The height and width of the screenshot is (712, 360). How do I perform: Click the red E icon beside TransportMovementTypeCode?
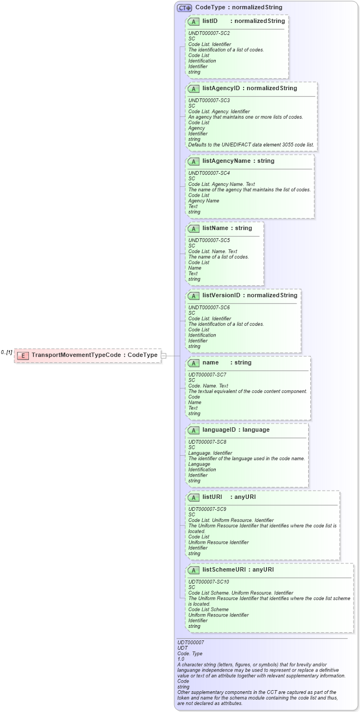coord(22,355)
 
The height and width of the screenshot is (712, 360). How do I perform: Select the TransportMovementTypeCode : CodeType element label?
coord(95,355)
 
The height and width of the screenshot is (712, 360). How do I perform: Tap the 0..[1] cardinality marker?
coord(7,352)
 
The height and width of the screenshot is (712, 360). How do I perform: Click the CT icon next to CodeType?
coord(184,8)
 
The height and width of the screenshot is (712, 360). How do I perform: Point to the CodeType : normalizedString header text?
coord(239,8)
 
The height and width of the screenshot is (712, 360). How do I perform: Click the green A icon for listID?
coord(193,21)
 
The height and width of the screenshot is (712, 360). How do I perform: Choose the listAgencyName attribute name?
coord(226,161)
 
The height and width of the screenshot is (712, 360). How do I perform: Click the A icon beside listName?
coord(193,228)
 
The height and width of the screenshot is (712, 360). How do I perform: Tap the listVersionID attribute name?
coord(221,296)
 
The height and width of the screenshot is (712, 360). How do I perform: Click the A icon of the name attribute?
coord(193,363)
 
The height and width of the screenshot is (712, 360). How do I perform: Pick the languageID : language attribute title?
coord(235,430)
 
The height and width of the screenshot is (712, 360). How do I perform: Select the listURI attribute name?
coord(214,497)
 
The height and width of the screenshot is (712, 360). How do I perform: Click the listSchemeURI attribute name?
coord(224,570)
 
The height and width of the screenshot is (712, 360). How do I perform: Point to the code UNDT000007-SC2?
coord(205,33)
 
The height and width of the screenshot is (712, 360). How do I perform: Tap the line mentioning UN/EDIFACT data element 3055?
coord(252,144)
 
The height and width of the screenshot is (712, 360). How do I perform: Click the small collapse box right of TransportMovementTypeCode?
coord(163,355)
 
